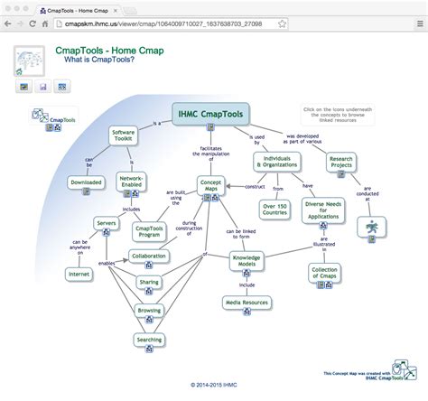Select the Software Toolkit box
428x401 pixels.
(x=123, y=136)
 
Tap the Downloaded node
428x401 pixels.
(x=87, y=182)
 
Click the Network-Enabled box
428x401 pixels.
(x=134, y=182)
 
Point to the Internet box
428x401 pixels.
(x=79, y=273)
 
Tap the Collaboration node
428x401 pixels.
(x=148, y=256)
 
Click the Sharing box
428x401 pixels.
(x=149, y=283)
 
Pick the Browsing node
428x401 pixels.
(x=149, y=310)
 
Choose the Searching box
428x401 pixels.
(x=149, y=339)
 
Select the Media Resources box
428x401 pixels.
(x=246, y=302)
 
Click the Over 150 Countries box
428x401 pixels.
(x=275, y=210)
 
